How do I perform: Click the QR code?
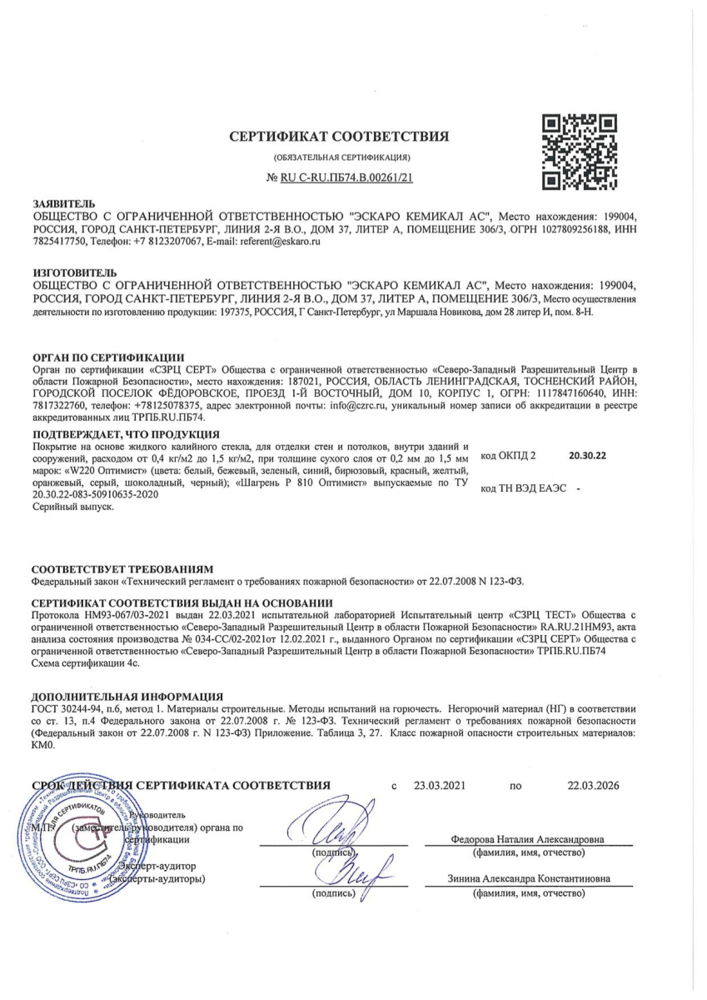[x=579, y=151]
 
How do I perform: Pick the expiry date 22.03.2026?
[x=595, y=785]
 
